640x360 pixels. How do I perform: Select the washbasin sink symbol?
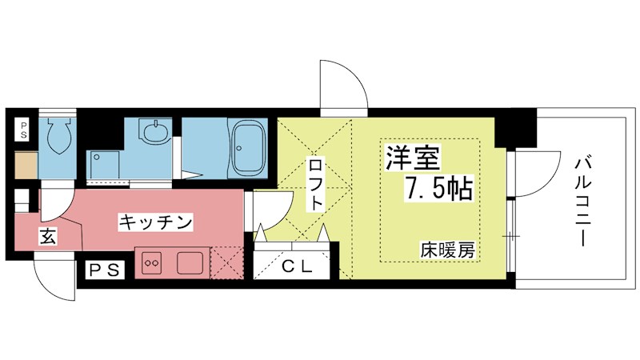pyautogui.click(x=154, y=131)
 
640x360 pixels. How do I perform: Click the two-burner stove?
pyautogui.click(x=152, y=262)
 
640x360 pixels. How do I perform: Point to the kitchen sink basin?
pyautogui.click(x=190, y=262)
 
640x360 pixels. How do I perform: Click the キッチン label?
pyautogui.click(x=155, y=223)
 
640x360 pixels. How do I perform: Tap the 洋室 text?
pyautogui.click(x=413, y=158)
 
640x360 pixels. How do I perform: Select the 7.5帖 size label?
pyautogui.click(x=438, y=188)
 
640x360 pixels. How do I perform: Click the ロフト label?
pyautogui.click(x=316, y=185)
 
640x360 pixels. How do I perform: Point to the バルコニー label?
pyautogui.click(x=583, y=202)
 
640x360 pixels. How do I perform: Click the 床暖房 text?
pyautogui.click(x=448, y=250)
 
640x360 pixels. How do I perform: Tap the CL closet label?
pyautogui.click(x=297, y=266)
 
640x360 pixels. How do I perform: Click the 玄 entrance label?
pyautogui.click(x=48, y=236)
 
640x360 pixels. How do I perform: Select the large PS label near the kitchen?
pyautogui.click(x=104, y=270)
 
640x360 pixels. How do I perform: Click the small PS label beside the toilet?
pyautogui.click(x=23, y=130)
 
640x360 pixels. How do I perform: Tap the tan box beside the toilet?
pyautogui.click(x=26, y=165)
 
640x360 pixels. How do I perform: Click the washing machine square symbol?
pyautogui.click(x=103, y=166)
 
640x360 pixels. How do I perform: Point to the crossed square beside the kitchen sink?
pyautogui.click(x=226, y=262)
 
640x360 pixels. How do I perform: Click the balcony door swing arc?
pyautogui.click(x=538, y=174)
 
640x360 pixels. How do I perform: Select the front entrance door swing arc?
pyautogui.click(x=54, y=277)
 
